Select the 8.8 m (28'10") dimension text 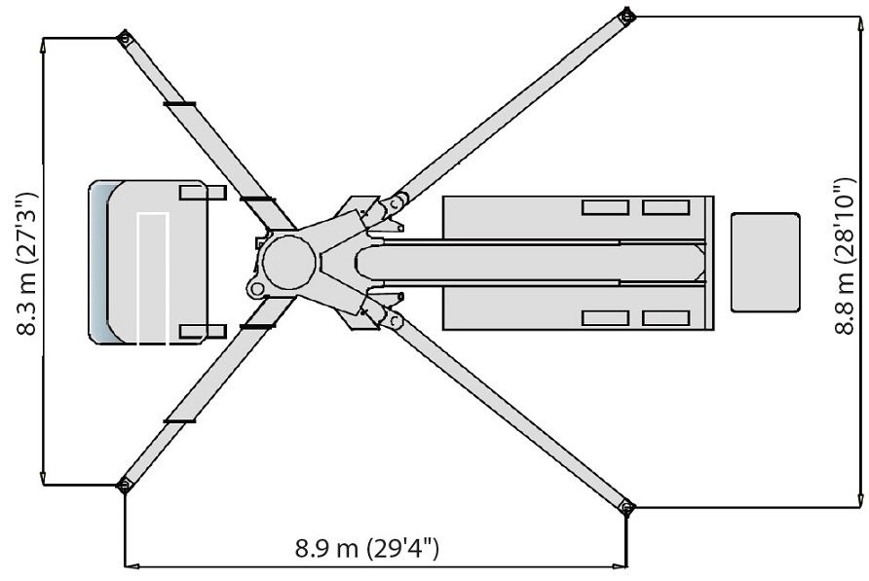(846, 256)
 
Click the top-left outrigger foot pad (124, 39)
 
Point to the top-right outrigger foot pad (626, 16)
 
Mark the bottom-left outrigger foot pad (124, 485)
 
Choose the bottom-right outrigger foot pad (626, 506)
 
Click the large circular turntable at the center (288, 261)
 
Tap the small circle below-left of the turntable (256, 289)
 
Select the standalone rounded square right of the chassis (765, 263)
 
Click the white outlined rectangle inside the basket (153, 278)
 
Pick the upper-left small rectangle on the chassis (605, 206)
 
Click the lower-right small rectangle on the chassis (665, 318)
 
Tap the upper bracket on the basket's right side (203, 193)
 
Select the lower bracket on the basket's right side (203, 332)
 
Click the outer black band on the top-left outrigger (179, 103)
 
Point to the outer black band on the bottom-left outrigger (179, 420)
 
